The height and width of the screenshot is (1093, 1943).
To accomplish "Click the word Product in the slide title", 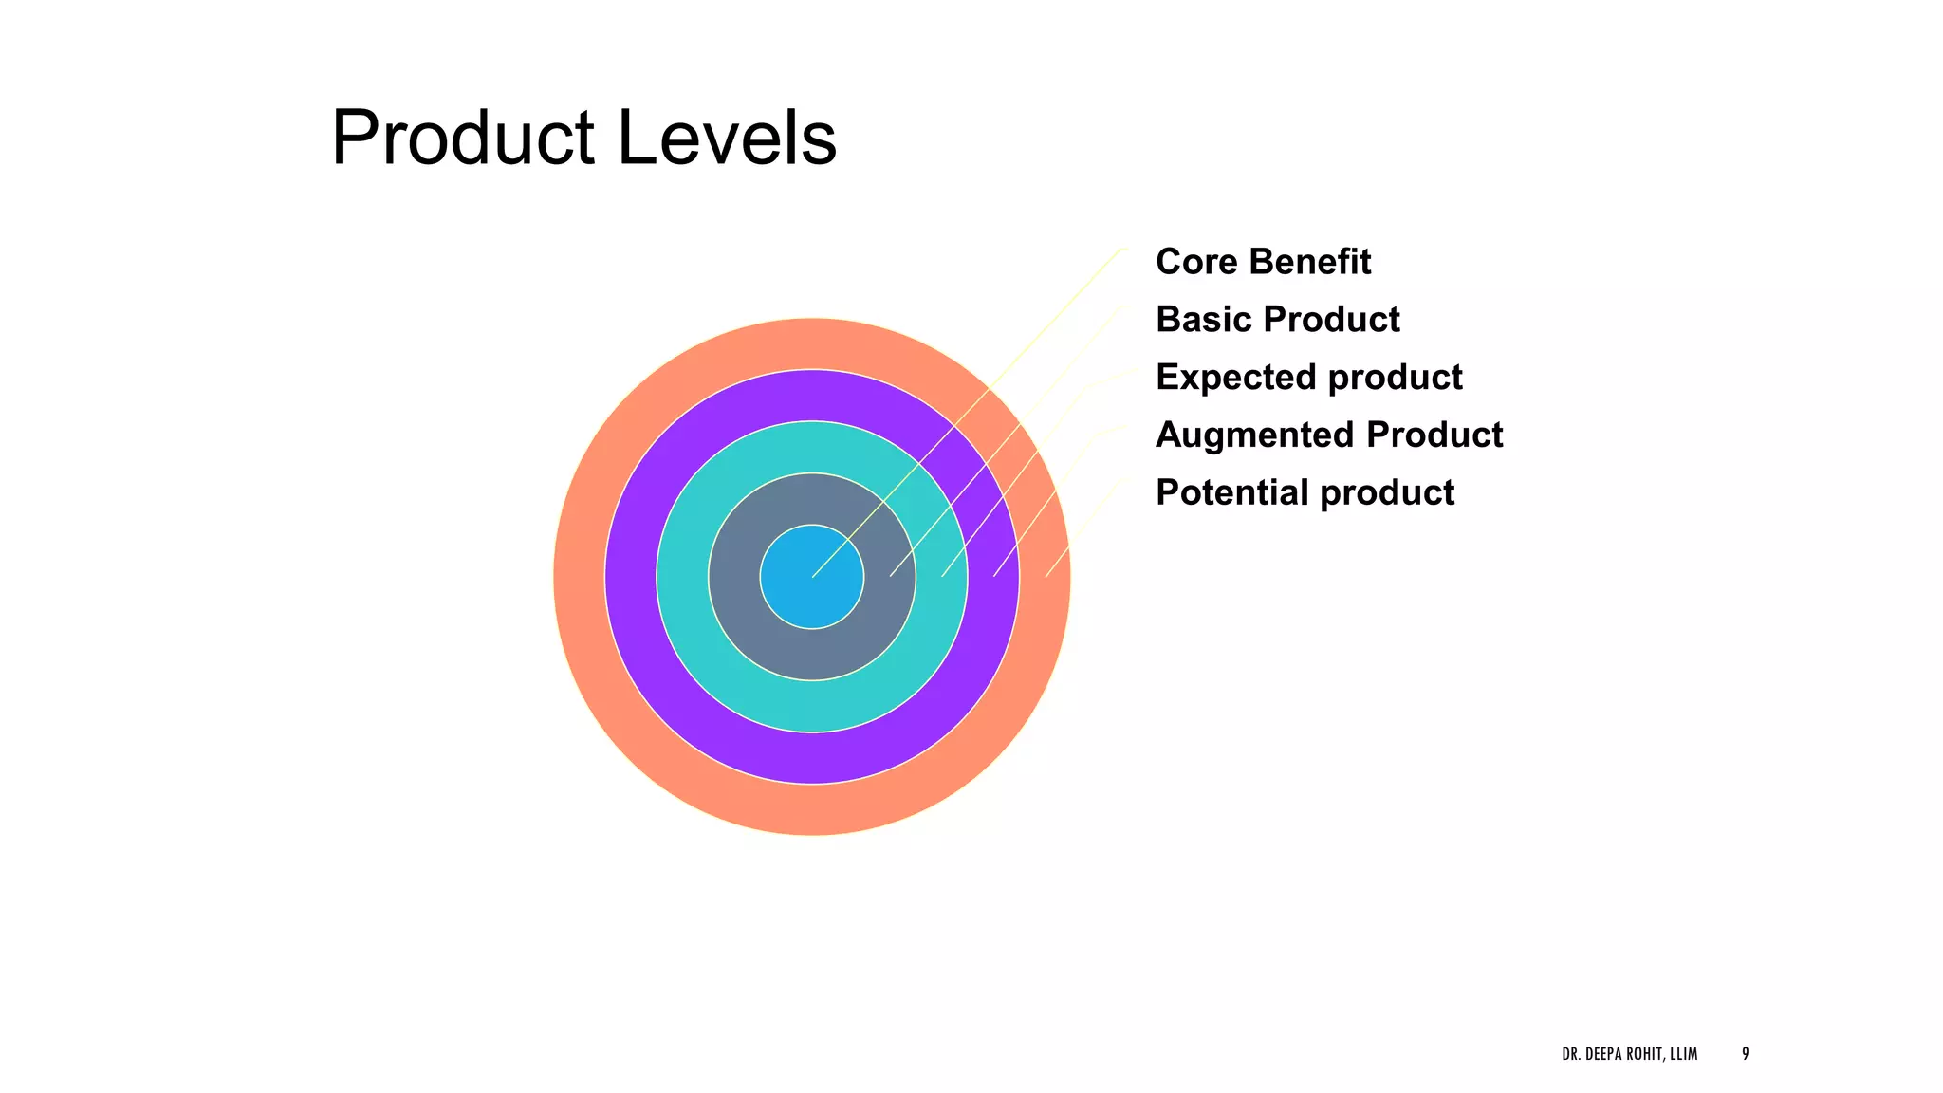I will click(462, 139).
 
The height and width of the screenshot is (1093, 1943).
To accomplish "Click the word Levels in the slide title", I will click(727, 139).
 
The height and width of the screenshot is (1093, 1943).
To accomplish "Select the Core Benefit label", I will click(1263, 262).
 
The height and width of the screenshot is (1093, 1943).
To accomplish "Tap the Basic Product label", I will click(1277, 320).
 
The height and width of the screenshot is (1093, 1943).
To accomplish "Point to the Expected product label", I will click(1308, 378).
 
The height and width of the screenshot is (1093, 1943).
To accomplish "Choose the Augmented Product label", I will click(1328, 435).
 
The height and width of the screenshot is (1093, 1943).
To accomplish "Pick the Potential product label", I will click(1305, 493).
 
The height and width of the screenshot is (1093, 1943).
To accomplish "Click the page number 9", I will click(1745, 1054).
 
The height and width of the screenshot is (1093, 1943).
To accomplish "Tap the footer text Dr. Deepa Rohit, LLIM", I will click(1629, 1054).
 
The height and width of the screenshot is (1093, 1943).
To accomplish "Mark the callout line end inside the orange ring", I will click(1046, 576).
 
